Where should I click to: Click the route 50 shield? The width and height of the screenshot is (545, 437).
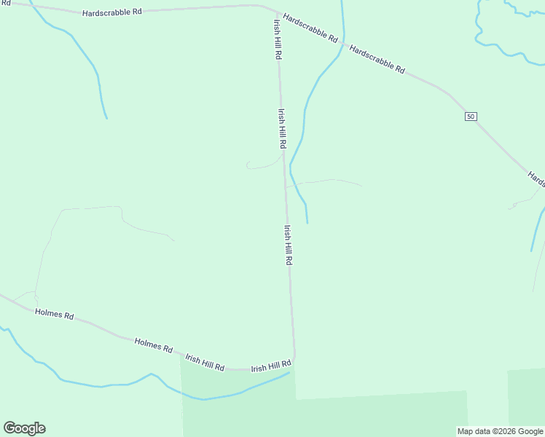pos(471,117)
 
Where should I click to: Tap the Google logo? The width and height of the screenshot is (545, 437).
pos(24,428)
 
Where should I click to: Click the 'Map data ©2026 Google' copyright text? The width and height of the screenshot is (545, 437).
pos(501,431)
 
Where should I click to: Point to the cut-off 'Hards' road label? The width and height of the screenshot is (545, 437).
pos(536,179)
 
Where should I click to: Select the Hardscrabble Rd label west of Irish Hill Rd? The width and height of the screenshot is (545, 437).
pos(111,13)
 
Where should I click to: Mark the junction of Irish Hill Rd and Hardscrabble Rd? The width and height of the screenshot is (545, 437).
pos(275,12)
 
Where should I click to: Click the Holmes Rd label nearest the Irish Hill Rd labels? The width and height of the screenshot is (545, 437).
pos(153,345)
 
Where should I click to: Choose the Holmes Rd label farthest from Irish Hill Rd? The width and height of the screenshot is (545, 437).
pos(55,315)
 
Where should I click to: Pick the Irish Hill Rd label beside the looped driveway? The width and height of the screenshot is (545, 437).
pos(282,130)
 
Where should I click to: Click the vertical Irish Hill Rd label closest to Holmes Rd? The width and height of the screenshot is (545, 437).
pos(289,245)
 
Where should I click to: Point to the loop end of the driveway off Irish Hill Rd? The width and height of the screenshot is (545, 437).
pos(248,165)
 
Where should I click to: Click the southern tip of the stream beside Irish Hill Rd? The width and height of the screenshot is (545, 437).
pos(307,222)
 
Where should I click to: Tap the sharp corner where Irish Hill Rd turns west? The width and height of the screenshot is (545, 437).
pos(294,360)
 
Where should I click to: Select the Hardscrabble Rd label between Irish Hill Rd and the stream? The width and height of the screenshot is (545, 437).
pos(310,28)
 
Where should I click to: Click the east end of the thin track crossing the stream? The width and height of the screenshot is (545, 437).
pos(361,185)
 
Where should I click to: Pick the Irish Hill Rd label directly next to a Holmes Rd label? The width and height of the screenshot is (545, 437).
pos(204,362)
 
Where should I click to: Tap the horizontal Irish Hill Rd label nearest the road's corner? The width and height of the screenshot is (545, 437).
pos(271,366)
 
